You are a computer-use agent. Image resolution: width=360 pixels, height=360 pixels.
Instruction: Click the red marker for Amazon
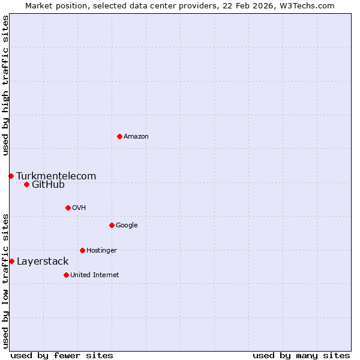[119, 136]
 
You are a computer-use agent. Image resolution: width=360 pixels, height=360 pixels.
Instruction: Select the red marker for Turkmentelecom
[11, 176]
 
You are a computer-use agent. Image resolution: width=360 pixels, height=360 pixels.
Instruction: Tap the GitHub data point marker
[26, 184]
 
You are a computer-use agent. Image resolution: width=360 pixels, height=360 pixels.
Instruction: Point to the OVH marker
[68, 208]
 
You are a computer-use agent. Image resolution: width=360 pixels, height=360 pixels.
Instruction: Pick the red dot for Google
[112, 225]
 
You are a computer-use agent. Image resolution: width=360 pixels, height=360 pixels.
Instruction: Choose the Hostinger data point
[82, 250]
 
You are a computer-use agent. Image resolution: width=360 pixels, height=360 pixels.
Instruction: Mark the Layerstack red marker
[11, 261]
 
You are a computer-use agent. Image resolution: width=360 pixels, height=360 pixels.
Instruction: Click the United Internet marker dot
[66, 275]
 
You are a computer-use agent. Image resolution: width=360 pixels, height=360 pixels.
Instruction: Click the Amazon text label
[136, 136]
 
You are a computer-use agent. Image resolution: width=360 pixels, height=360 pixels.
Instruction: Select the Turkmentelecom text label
[56, 176]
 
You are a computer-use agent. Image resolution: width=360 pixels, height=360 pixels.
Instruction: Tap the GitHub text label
[48, 184]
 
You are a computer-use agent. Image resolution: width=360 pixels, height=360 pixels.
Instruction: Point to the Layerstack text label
[43, 261]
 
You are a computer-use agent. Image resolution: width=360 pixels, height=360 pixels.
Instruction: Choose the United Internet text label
[94, 275]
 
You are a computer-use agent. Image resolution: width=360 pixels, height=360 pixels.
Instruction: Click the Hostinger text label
[101, 250]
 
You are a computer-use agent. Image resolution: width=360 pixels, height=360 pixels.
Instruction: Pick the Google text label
[127, 225]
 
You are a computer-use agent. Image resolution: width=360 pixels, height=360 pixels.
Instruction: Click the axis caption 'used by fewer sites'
[62, 355]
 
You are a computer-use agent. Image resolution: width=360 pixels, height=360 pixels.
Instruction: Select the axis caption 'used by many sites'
[301, 355]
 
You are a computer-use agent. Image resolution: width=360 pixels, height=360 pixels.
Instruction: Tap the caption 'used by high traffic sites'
[5, 85]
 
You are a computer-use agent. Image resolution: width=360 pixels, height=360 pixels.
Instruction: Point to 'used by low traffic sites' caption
[5, 280]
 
